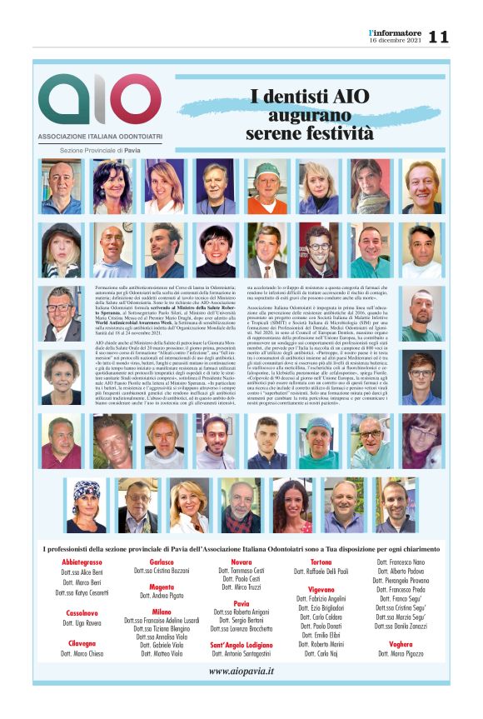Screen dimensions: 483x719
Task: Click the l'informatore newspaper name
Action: click(397, 32)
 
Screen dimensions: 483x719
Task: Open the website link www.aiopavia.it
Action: click(241, 671)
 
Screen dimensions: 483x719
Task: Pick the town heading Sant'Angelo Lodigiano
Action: click(241, 645)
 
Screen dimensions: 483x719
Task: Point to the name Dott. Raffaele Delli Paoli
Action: click(321, 573)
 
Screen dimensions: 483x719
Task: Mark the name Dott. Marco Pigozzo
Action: click(400, 655)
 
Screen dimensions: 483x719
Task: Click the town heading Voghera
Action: click(400, 645)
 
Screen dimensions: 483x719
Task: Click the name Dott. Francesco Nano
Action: click(400, 563)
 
